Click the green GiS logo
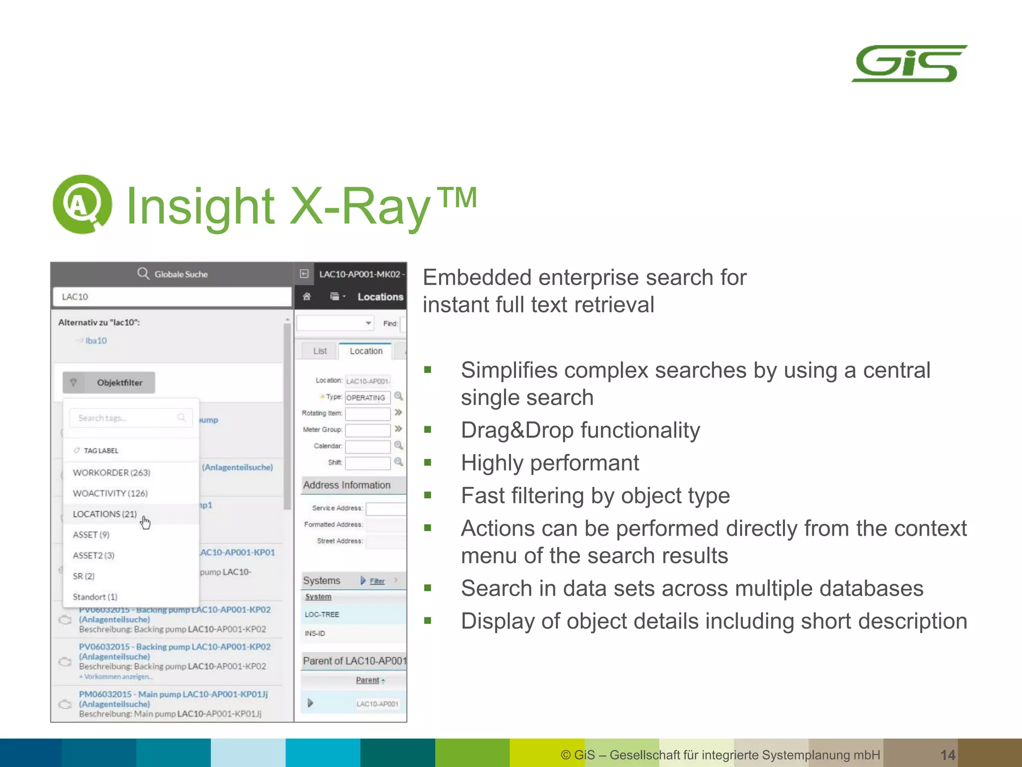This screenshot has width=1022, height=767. (909, 64)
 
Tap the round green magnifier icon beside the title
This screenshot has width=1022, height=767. (82, 204)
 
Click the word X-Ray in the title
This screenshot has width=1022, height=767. (359, 206)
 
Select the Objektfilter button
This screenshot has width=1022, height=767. (109, 383)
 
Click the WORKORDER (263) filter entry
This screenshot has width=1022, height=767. (111, 472)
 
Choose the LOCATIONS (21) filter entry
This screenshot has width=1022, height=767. (105, 514)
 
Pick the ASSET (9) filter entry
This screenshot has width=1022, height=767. (91, 535)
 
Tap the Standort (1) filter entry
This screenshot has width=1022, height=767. (95, 597)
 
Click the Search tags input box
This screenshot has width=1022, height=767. (127, 418)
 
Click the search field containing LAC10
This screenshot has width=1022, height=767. (172, 297)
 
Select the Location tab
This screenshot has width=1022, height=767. (366, 351)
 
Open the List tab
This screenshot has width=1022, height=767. (320, 351)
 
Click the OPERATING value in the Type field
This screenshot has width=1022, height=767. (366, 397)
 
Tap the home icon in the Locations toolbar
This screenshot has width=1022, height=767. (307, 297)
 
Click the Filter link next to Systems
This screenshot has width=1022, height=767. (377, 581)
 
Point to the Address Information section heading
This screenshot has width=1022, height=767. (347, 485)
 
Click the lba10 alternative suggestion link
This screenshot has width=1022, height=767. (96, 341)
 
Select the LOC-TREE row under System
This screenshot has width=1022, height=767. (322, 614)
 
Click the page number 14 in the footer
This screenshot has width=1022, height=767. (948, 755)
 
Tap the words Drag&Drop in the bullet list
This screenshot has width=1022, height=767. (519, 430)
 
